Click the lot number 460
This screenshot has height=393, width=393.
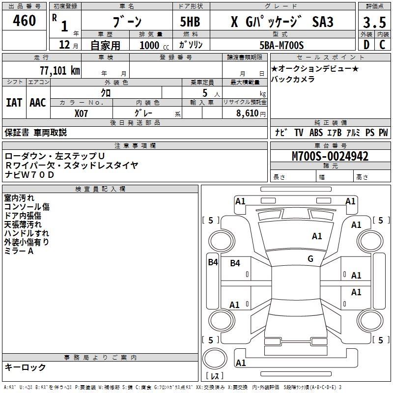(25, 21)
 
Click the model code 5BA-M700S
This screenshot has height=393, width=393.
(281, 45)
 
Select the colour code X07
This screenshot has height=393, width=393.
(82, 112)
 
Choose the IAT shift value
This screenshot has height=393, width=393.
(14, 103)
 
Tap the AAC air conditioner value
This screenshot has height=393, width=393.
(38, 103)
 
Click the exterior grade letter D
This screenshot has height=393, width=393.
(366, 45)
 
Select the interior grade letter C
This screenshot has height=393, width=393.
(382, 45)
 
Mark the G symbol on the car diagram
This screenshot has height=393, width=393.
(310, 258)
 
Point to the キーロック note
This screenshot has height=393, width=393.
(26, 367)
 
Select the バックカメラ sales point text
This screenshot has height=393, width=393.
(293, 79)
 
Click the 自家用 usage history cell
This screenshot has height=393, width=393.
(105, 45)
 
